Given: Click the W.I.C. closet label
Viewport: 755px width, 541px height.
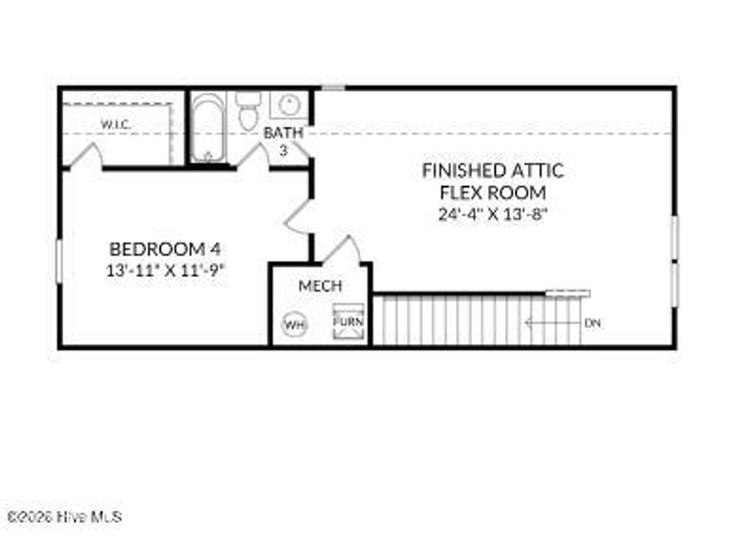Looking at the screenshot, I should tap(116, 125).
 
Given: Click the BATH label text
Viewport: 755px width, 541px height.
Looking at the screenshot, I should tap(283, 133).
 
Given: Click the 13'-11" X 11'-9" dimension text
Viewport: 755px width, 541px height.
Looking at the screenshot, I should tap(165, 270).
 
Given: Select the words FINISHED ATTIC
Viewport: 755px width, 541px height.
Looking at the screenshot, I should tap(493, 170).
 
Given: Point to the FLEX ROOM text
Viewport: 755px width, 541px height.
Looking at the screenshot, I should tap(493, 193).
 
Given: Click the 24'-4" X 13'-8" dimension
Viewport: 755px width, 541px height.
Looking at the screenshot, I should tap(493, 215).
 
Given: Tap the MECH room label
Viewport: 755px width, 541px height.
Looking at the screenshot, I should tap(320, 286).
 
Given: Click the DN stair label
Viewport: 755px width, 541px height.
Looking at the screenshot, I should tap(592, 323).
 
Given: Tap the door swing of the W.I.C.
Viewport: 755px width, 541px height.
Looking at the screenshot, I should tap(88, 156).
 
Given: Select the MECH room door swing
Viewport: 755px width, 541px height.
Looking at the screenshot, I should tap(344, 249).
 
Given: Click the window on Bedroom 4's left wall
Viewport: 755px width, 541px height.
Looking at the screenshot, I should tap(59, 260).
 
